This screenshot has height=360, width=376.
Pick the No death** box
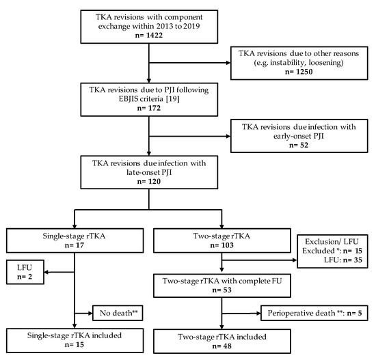tap(116, 312)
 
